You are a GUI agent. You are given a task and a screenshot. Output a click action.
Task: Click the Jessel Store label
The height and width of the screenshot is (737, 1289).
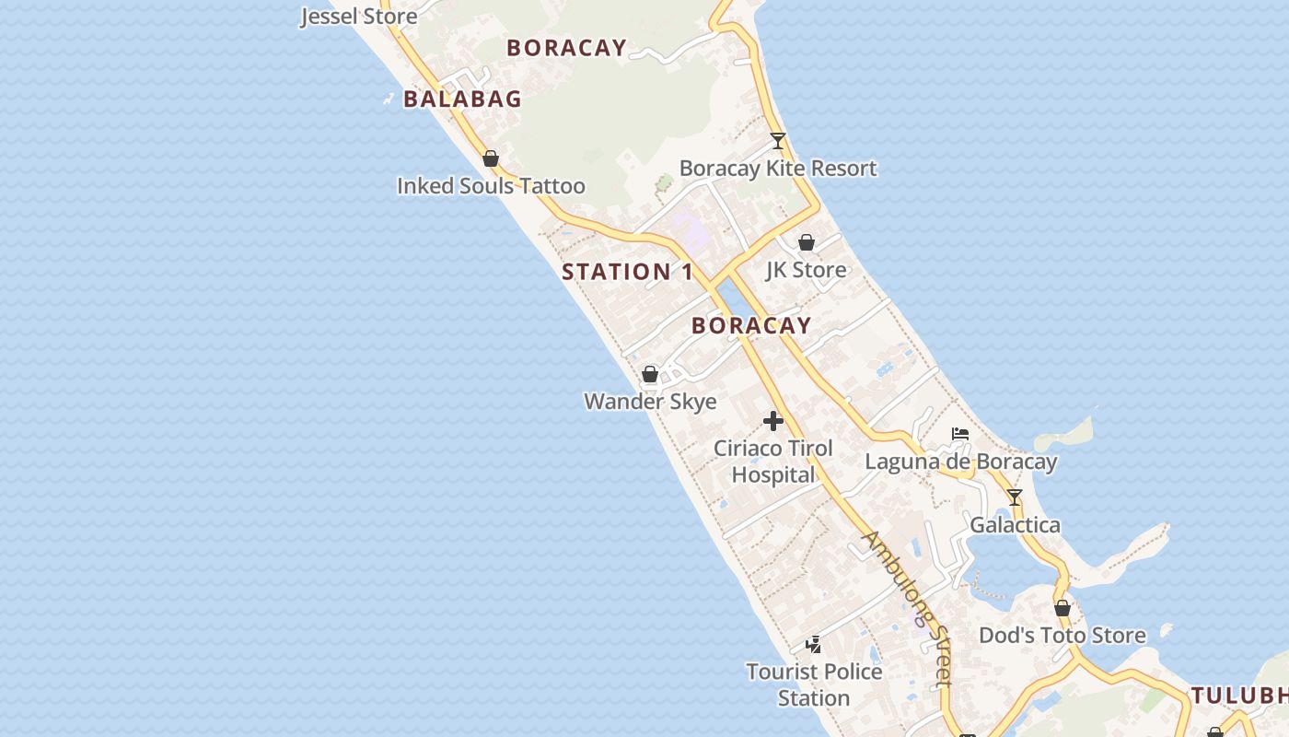(x=359, y=17)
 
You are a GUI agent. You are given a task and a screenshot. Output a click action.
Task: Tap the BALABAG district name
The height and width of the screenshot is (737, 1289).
(x=462, y=99)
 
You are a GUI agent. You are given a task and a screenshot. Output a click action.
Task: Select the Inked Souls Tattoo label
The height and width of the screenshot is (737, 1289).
(x=491, y=186)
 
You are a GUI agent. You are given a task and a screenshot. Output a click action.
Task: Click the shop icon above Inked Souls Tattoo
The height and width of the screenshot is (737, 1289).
(x=491, y=158)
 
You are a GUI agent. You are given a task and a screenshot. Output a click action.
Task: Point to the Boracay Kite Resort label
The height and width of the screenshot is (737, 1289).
(x=778, y=169)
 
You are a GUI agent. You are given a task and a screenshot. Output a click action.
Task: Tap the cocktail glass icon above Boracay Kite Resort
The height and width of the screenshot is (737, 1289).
(x=778, y=141)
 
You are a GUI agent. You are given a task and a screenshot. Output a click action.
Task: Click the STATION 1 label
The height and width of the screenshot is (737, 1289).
(x=627, y=272)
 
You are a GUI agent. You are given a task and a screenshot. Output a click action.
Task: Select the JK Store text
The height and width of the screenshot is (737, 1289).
(x=806, y=270)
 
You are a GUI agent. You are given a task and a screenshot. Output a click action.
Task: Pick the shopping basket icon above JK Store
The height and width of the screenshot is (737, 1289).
(x=807, y=242)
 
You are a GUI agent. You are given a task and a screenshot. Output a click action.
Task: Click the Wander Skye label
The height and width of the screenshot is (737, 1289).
(x=650, y=402)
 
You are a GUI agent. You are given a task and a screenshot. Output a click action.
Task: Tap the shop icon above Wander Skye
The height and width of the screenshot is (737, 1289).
(x=650, y=374)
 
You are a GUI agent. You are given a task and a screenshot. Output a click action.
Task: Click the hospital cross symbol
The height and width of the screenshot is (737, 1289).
(x=773, y=421)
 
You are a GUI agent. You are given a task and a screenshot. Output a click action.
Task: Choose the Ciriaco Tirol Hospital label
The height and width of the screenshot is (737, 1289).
(x=773, y=462)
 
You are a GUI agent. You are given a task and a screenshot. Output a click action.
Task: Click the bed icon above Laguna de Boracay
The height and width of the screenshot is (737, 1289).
(x=960, y=434)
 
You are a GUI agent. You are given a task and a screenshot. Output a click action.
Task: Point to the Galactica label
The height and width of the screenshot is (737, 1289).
(x=1015, y=525)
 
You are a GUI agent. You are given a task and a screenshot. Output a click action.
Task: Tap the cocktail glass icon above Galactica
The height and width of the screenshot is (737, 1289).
(x=1015, y=497)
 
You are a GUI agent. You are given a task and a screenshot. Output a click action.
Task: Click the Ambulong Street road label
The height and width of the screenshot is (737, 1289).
(x=907, y=608)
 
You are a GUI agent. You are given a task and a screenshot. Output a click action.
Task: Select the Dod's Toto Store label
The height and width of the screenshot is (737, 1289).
(x=1062, y=636)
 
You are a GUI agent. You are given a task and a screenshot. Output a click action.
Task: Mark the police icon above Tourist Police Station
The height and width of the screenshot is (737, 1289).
(x=814, y=645)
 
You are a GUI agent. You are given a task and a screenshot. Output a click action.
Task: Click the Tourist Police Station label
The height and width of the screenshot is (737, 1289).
(x=814, y=684)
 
